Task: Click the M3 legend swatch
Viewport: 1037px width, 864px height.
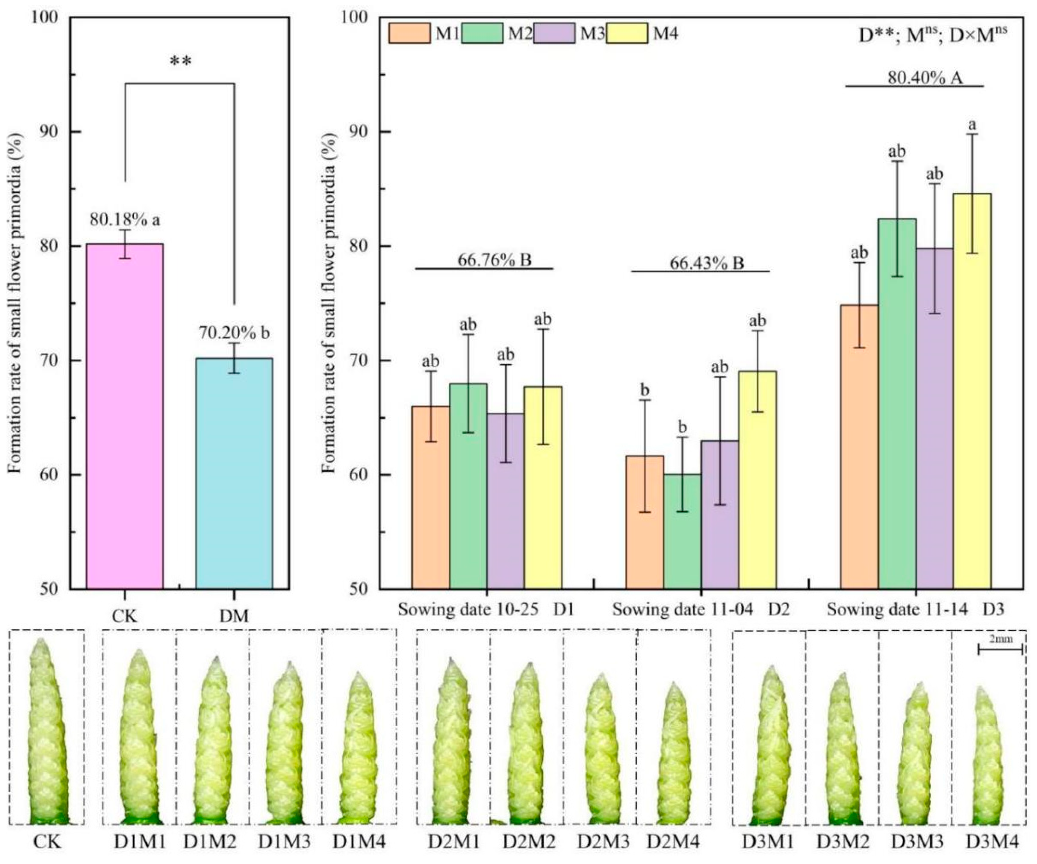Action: [x=554, y=34]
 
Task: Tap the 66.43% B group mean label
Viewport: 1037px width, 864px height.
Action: [x=706, y=263]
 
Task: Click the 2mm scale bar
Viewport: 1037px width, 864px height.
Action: [x=1000, y=649]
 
